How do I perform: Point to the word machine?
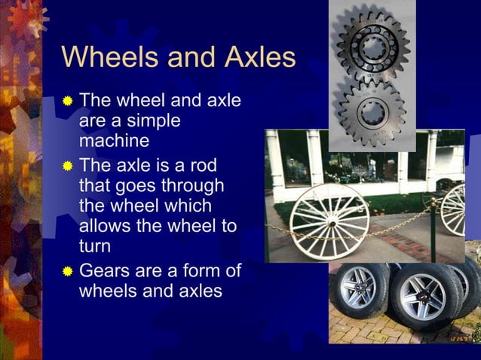point(114,142)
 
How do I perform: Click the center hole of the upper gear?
point(373,47)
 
